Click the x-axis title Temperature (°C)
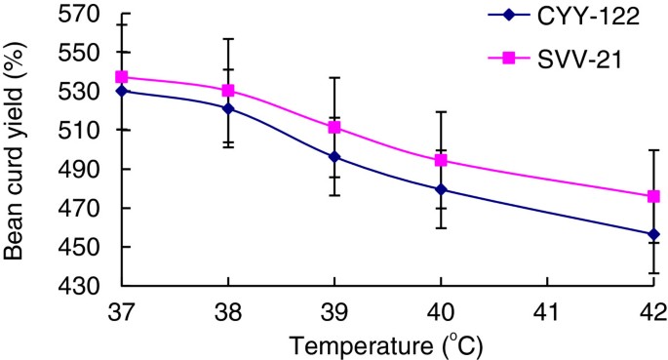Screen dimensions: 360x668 point(387,344)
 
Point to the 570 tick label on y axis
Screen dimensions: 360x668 point(80,14)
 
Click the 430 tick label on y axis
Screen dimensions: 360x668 point(80,287)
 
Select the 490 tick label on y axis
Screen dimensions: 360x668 point(80,170)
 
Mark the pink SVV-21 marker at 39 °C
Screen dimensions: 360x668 point(334,127)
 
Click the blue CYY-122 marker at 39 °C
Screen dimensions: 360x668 point(334,156)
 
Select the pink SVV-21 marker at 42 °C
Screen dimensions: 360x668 point(653,196)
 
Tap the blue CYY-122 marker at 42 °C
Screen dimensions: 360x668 point(653,234)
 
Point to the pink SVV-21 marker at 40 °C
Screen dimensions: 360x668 point(441,160)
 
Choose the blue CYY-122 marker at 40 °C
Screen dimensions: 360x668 point(441,189)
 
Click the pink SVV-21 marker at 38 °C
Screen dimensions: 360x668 point(228,90)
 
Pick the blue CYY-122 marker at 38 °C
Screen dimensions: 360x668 point(228,108)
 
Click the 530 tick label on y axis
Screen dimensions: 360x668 point(80,92)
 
